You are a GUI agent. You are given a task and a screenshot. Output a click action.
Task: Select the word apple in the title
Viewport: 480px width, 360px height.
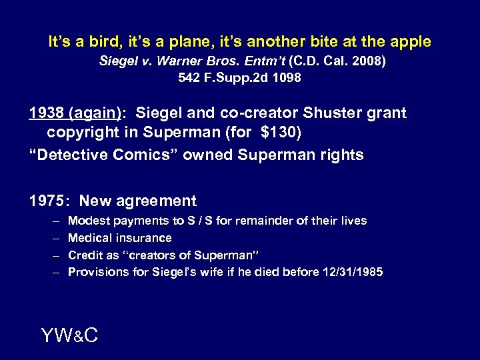coord(411,41)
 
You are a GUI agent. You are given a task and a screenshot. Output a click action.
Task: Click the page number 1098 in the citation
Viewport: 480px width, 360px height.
coord(287,78)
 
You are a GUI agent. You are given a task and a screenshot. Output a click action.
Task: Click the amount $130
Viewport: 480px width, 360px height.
coord(279,133)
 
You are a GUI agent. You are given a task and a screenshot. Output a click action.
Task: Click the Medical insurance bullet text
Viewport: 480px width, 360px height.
coord(120,238)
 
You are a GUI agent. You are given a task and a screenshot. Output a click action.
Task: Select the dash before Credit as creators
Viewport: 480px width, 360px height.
coord(54,255)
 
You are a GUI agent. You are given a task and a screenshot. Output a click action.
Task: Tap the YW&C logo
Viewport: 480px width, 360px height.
coord(69,335)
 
